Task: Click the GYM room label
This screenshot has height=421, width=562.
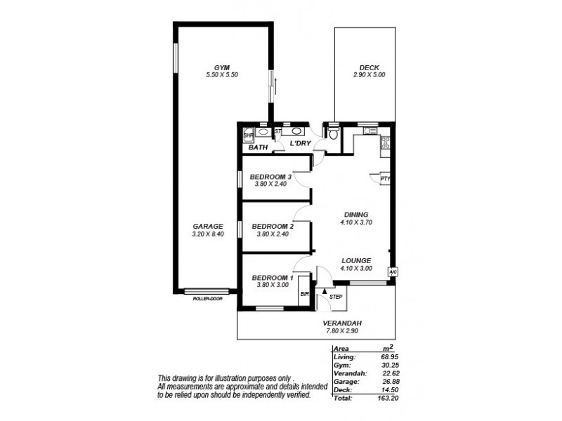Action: [222, 67]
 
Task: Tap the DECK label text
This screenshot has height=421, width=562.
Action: [369, 67]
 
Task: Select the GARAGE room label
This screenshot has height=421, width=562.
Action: [207, 226]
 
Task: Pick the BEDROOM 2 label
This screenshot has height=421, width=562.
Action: [272, 226]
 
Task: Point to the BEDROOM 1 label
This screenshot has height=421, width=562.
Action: [272, 277]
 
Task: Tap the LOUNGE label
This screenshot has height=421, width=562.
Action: [356, 260]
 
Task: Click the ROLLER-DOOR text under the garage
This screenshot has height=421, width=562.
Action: [207, 299]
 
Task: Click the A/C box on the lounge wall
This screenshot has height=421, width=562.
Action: [393, 272]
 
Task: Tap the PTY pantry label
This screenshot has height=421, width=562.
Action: [385, 178]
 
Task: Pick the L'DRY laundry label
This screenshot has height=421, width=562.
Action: [301, 144]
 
